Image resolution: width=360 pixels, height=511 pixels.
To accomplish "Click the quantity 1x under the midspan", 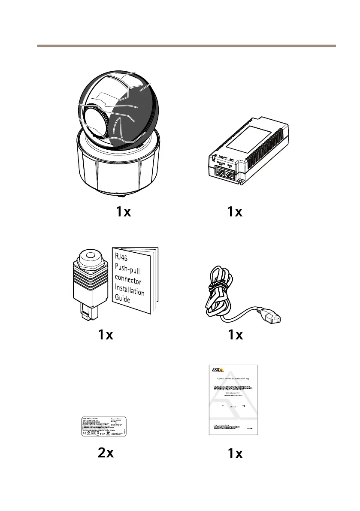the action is click(x=235, y=212).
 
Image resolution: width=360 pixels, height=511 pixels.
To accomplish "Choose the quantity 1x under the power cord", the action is click(x=235, y=335).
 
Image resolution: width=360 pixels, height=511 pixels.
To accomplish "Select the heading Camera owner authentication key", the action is click(x=232, y=379).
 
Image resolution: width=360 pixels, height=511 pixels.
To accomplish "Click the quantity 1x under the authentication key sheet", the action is click(x=235, y=454).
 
